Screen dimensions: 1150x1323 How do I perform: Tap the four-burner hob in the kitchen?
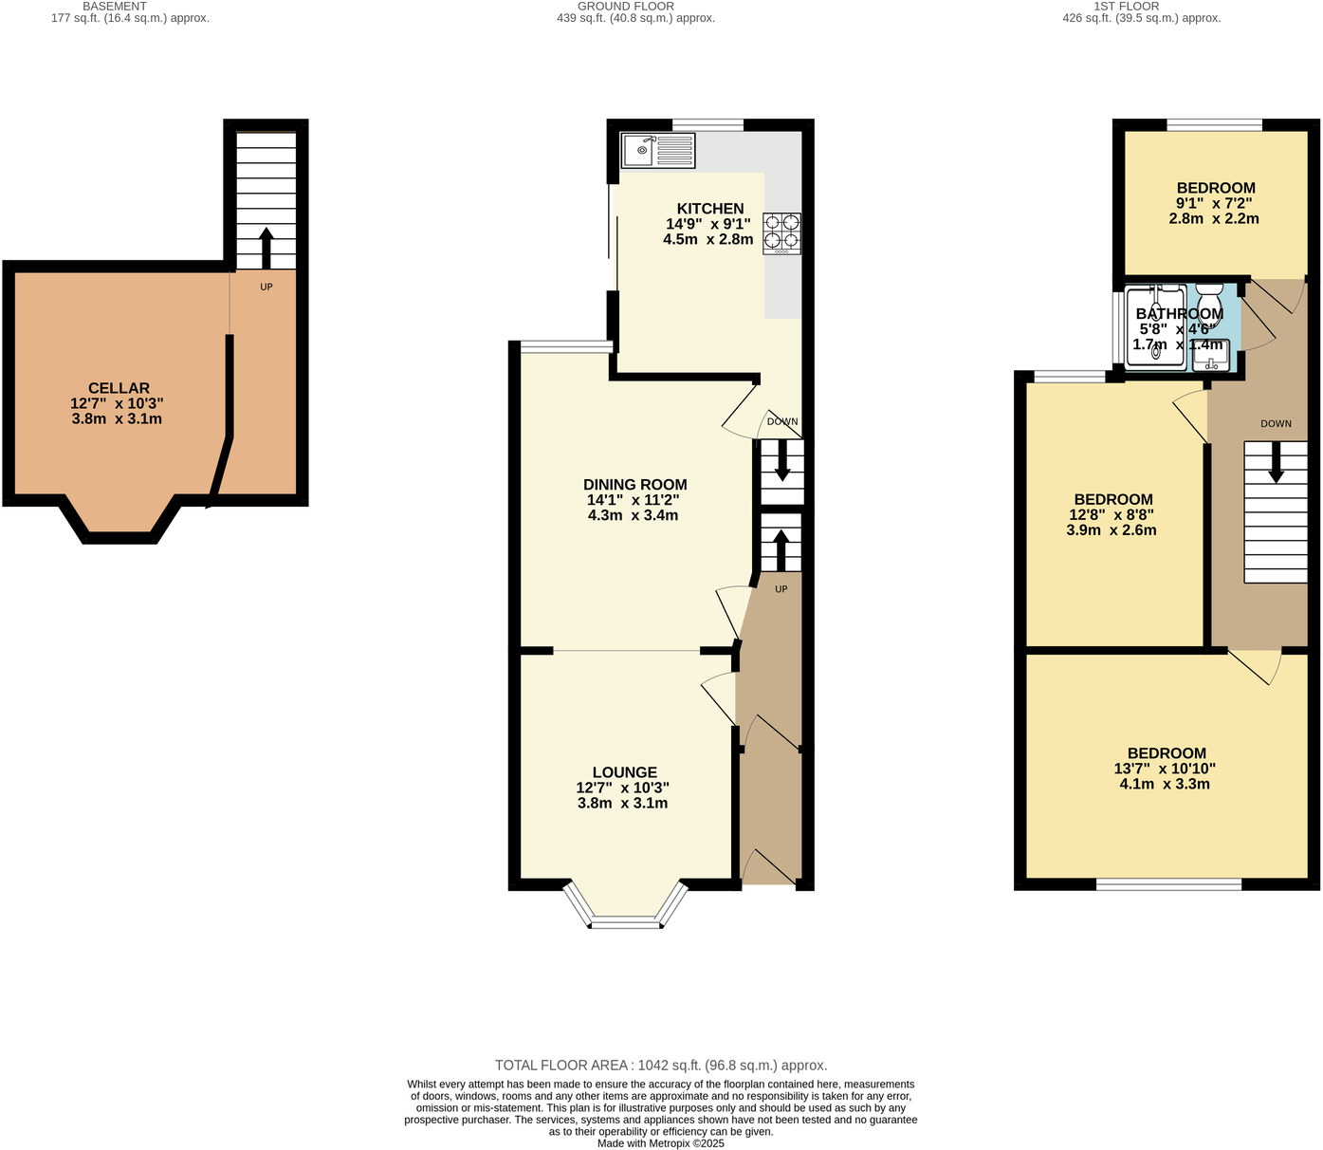pos(781,233)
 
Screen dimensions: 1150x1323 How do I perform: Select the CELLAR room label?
pos(119,388)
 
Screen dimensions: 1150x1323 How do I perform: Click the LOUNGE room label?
pos(624,772)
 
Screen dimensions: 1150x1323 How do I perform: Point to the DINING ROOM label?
pos(634,485)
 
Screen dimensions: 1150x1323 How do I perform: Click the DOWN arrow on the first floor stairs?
pos(1276,464)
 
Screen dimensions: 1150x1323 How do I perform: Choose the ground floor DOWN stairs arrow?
pos(781,461)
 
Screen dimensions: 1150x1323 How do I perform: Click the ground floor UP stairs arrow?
pos(781,548)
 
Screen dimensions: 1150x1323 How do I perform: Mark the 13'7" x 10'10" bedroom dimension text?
pos(1164,770)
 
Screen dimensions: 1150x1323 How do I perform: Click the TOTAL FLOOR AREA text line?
pos(660,1066)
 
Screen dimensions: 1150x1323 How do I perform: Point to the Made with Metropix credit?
pos(660,1143)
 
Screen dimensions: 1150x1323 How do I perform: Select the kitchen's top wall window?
pos(707,124)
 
